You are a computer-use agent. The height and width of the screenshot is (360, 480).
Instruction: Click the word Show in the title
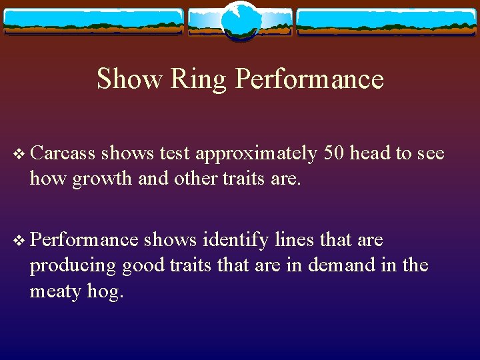point(129,79)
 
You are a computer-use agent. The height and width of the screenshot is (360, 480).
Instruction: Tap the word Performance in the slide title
point(309,79)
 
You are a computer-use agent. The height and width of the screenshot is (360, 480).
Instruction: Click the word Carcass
point(63,153)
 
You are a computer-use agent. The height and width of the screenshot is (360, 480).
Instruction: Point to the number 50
point(334,153)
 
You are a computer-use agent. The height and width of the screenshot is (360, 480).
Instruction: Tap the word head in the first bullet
point(371,153)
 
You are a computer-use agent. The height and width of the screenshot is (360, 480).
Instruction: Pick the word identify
point(236,240)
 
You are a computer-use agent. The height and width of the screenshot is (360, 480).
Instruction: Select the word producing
point(73,266)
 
